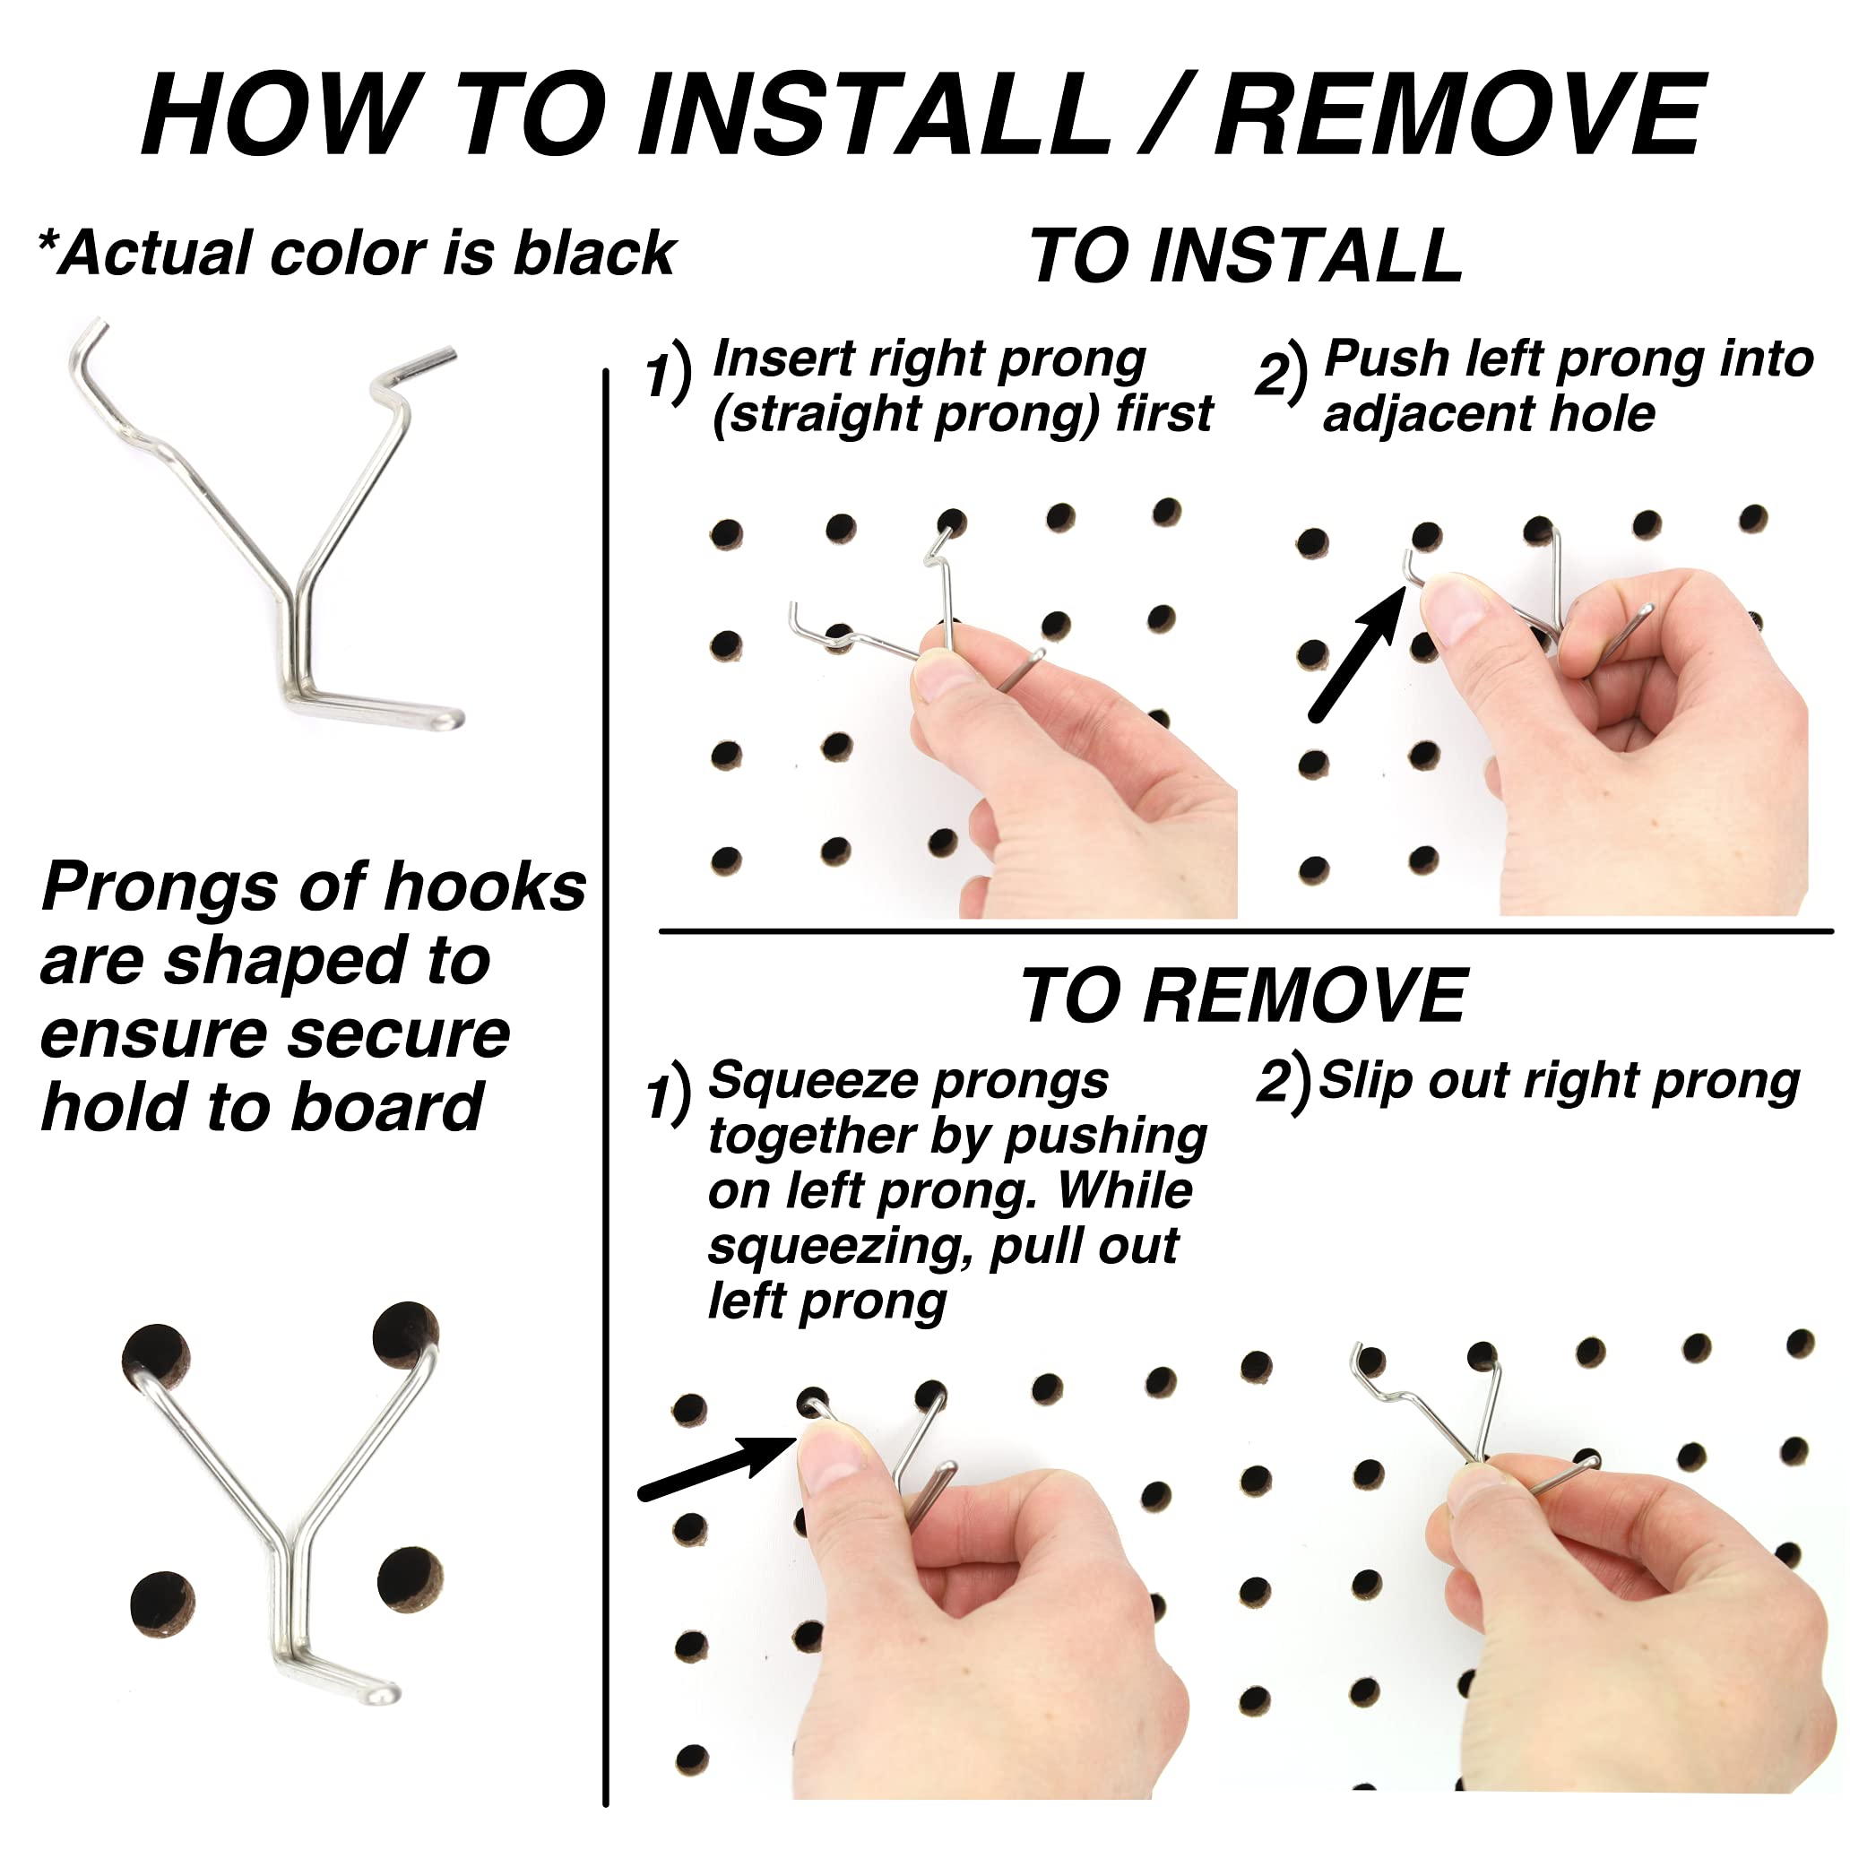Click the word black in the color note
593,253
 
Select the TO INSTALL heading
1247,255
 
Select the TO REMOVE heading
1243,996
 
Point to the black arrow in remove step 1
716,1467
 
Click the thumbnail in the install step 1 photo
943,677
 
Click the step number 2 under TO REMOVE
1273,1081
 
